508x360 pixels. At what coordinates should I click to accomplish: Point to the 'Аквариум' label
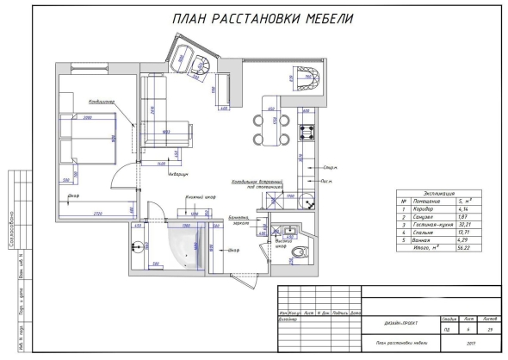pyautogui.click(x=177, y=171)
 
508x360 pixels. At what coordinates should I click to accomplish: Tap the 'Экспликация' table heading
pyautogui.click(x=440, y=194)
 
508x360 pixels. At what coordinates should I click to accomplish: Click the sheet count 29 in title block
pyautogui.click(x=489, y=328)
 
